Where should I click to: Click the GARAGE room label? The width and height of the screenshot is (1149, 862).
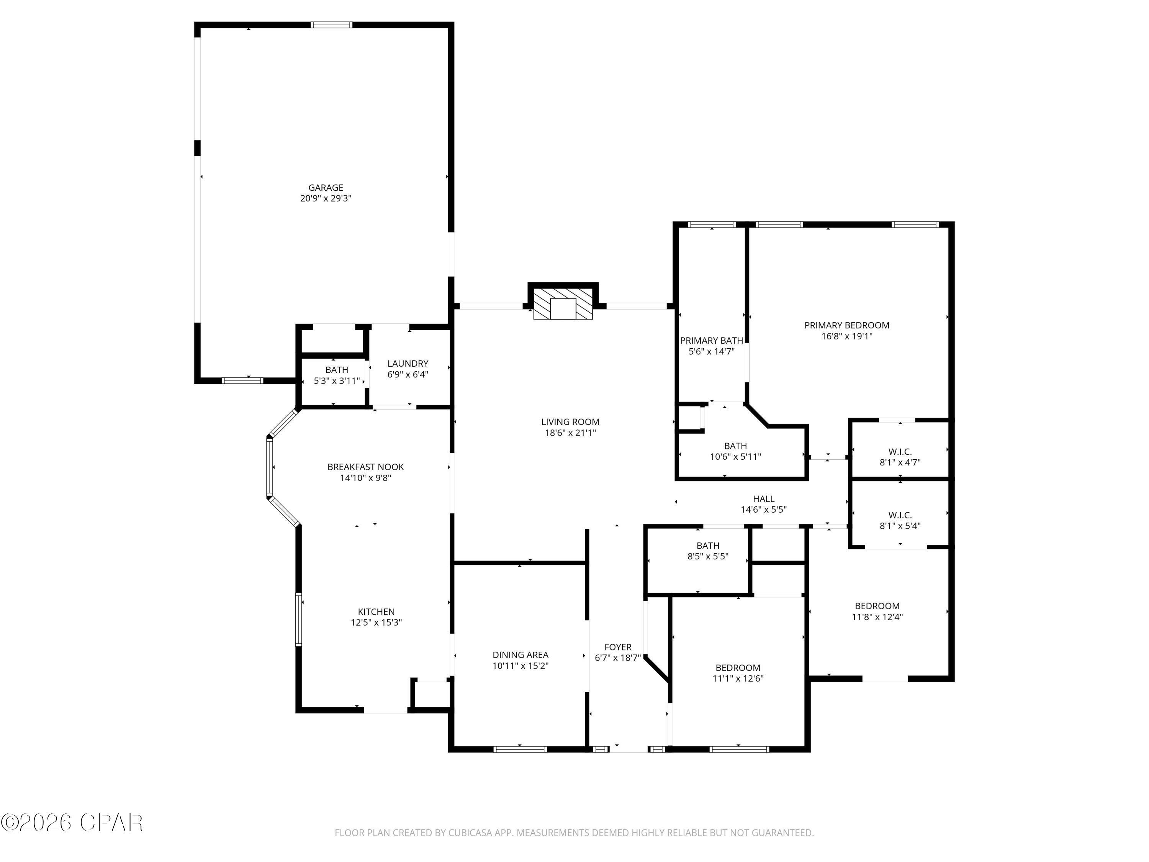pos(326,188)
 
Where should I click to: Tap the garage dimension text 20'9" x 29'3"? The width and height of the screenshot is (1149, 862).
pos(326,198)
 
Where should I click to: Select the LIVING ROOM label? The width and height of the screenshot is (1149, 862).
pos(570,422)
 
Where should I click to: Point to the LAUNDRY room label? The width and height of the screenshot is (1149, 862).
pos(408,364)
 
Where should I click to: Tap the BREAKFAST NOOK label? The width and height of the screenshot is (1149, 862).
pos(365,467)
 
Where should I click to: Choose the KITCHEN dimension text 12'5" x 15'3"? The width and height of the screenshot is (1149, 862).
pos(376,623)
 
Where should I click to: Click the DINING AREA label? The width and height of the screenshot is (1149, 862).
pos(520,655)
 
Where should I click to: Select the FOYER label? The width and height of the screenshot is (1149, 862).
pos(618,647)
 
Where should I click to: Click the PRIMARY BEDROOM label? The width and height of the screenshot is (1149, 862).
pos(847,325)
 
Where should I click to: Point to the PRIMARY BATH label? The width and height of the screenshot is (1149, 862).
pos(711,340)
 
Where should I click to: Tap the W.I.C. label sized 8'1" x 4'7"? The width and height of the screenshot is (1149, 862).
pos(900,452)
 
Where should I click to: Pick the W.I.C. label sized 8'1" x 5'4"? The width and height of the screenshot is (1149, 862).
pos(900,515)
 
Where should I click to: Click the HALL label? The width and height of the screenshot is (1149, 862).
pos(763,499)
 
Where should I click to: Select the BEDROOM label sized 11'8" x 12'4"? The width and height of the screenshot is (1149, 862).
pos(877,606)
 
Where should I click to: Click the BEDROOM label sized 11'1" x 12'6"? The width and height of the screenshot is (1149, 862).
pos(738,668)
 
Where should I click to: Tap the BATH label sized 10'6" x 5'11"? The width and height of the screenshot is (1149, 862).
pos(735,446)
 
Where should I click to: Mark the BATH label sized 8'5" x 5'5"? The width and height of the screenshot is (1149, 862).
pos(707,546)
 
